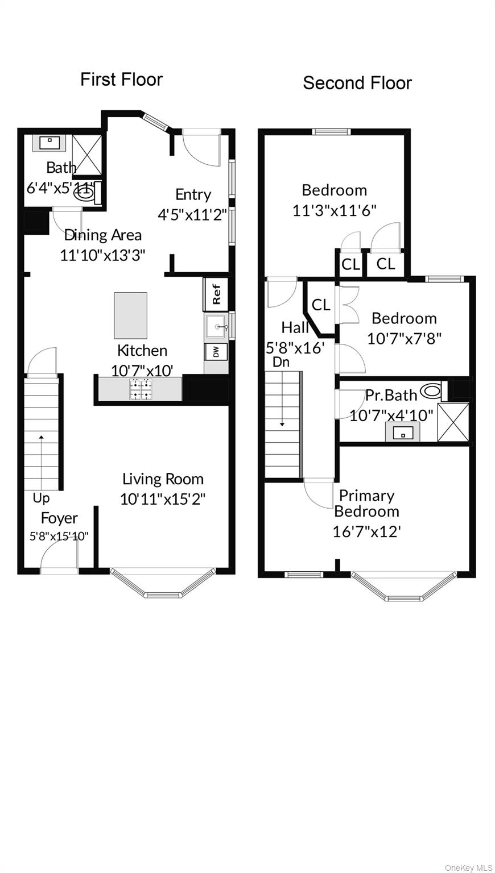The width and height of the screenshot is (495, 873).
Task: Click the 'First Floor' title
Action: pyautogui.click(x=121, y=80)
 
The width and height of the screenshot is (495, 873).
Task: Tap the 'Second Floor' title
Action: pyautogui.click(x=357, y=83)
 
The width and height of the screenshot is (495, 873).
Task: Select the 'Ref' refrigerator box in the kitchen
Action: pyautogui.click(x=216, y=293)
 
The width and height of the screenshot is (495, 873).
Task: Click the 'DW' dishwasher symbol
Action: pyautogui.click(x=216, y=352)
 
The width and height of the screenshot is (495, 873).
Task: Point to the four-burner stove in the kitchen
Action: pyautogui.click(x=141, y=389)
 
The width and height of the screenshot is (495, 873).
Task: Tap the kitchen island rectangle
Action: pyautogui.click(x=130, y=315)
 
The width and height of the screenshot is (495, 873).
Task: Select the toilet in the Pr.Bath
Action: pyautogui.click(x=431, y=391)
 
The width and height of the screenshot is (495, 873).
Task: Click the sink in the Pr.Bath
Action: pyautogui.click(x=403, y=432)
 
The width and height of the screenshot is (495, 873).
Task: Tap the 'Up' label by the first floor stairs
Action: pyautogui.click(x=41, y=498)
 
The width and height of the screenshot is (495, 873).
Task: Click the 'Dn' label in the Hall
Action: pyautogui.click(x=281, y=361)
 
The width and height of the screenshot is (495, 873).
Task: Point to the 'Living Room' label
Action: pyautogui.click(x=163, y=479)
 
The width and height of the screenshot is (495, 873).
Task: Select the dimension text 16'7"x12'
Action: pyautogui.click(x=367, y=531)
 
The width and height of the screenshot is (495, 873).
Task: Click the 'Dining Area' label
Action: pyautogui.click(x=103, y=235)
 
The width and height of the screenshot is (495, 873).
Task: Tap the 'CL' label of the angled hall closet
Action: pyautogui.click(x=321, y=305)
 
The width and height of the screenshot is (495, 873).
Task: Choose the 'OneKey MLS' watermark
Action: pyautogui.click(x=469, y=867)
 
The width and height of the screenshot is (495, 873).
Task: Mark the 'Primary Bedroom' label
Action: pyautogui.click(x=366, y=503)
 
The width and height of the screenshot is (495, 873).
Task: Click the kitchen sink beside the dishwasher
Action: pyautogui.click(x=216, y=327)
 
